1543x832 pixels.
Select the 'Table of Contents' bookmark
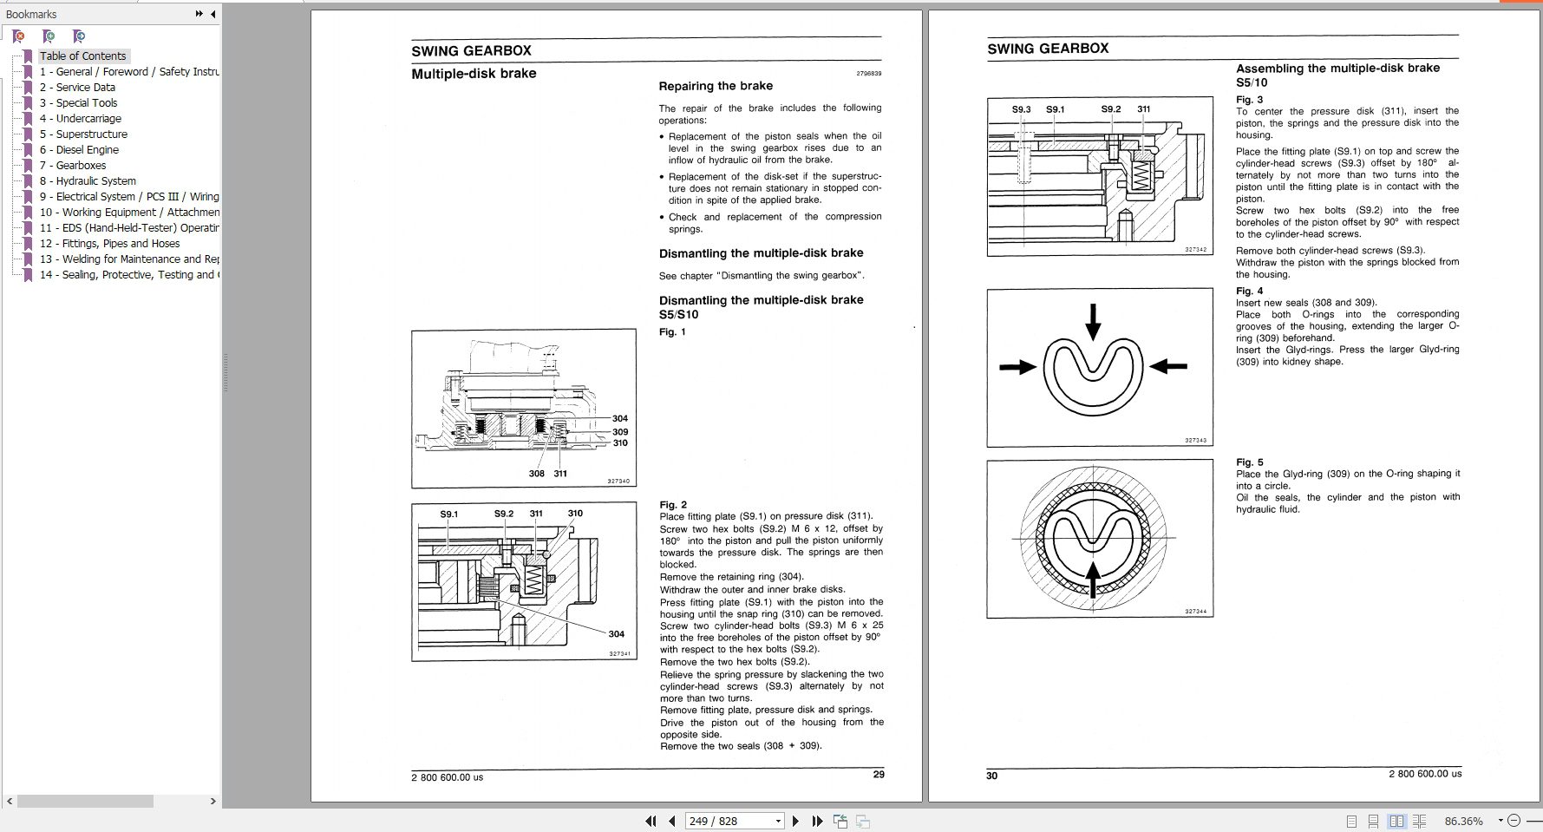click(82, 56)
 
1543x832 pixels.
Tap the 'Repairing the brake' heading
click(715, 86)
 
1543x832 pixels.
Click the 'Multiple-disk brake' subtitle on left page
click(474, 74)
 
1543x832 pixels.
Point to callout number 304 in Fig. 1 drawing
click(619, 418)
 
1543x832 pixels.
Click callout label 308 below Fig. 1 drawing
click(536, 474)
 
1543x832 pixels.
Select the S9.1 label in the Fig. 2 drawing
click(448, 514)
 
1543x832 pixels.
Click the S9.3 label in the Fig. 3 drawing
click(1021, 109)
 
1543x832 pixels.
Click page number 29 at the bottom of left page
click(879, 774)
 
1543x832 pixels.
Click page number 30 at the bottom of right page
click(991, 776)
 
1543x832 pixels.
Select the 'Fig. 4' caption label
click(1249, 291)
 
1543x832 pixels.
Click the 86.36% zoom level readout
click(1463, 821)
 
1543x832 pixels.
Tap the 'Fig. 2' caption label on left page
click(672, 504)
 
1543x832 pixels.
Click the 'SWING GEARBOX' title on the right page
click(1047, 49)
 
